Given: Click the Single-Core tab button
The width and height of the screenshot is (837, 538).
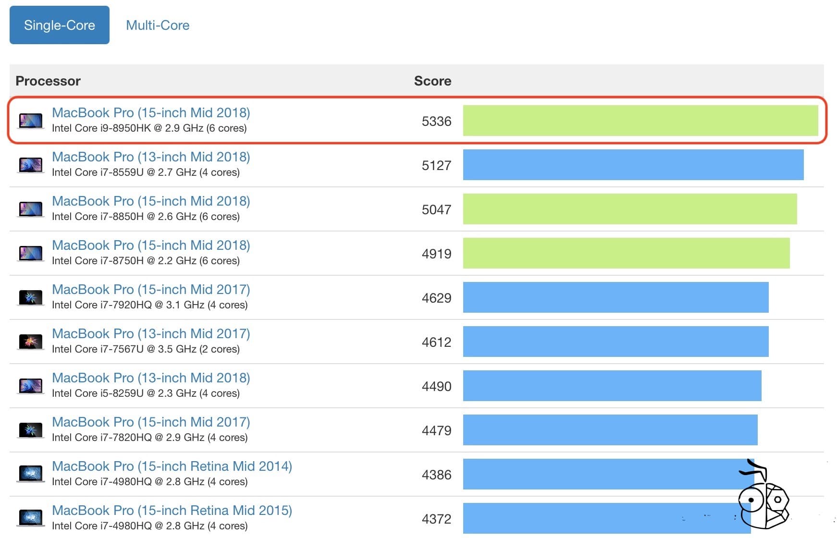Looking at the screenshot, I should [x=60, y=25].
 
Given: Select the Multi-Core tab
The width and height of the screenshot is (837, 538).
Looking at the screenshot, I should [x=158, y=25].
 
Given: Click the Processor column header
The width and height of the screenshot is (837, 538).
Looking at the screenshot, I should [x=48, y=81].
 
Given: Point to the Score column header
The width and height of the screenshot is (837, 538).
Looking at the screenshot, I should [x=432, y=81].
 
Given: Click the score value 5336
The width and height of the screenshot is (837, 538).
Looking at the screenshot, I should [x=436, y=121].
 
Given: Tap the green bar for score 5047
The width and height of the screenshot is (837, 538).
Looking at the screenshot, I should [x=629, y=209].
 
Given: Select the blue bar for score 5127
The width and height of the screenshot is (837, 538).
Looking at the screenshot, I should [x=633, y=165].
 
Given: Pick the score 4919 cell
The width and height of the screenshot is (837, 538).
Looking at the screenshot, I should [x=436, y=254].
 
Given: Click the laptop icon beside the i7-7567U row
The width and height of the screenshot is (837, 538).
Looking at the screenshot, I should [x=31, y=342].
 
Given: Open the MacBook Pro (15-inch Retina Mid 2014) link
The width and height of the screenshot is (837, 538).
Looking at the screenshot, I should [x=172, y=466].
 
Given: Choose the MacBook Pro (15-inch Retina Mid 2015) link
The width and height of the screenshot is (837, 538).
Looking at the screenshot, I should [x=172, y=510].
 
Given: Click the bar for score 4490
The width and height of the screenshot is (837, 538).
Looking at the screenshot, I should [x=612, y=386].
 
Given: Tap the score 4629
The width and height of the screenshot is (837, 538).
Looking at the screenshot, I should [x=436, y=298].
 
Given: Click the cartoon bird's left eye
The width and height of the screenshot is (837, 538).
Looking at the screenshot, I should [x=751, y=500].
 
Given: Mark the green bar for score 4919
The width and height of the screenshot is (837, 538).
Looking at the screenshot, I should [x=626, y=253].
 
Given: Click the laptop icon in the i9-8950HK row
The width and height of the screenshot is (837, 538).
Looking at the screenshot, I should [x=31, y=121].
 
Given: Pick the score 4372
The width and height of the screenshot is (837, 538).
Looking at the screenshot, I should [x=436, y=519].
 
